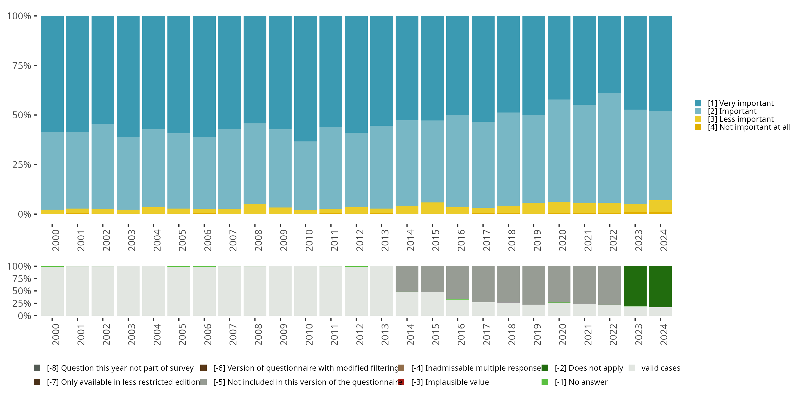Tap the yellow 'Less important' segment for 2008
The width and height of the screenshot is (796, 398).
(x=255, y=209)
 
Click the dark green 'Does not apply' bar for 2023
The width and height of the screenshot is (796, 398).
(x=635, y=286)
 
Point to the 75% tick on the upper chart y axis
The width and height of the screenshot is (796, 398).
(x=35, y=66)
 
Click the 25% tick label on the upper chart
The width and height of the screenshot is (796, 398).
(x=22, y=165)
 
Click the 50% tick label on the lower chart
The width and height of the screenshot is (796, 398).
(x=22, y=291)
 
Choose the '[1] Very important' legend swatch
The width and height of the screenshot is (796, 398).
(x=698, y=103)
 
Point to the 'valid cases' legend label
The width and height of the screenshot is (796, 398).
(x=661, y=368)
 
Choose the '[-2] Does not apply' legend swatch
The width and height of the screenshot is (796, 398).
(x=545, y=368)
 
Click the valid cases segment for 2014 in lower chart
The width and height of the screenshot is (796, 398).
(x=407, y=304)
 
